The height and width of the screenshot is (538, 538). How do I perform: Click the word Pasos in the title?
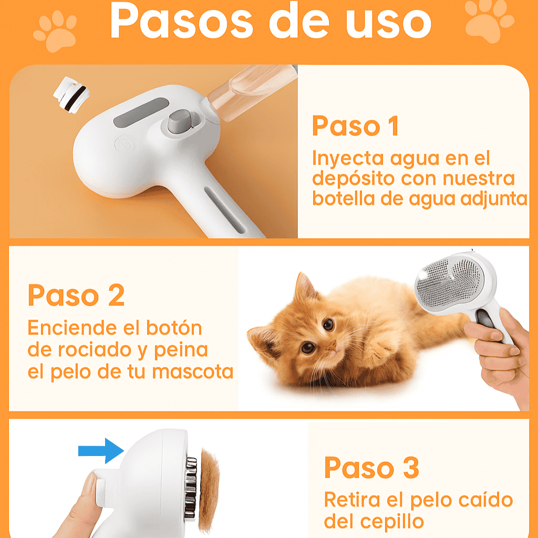click(x=181, y=21)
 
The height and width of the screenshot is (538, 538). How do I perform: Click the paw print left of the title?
click(x=55, y=32)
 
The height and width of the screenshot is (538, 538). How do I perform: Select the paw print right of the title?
click(x=489, y=21)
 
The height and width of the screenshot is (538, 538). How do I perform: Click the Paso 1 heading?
click(x=356, y=126)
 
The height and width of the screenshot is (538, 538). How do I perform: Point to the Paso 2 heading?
click(x=76, y=295)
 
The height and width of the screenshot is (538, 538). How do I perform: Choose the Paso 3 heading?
click(x=371, y=467)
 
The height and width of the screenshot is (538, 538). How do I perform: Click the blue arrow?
click(x=101, y=451)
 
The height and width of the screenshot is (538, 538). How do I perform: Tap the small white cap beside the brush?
click(x=71, y=94)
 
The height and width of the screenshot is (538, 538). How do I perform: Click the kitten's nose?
click(x=332, y=346)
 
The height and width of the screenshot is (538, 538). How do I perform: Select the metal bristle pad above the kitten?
click(x=450, y=283)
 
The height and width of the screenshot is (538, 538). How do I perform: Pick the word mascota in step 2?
click(x=192, y=372)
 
